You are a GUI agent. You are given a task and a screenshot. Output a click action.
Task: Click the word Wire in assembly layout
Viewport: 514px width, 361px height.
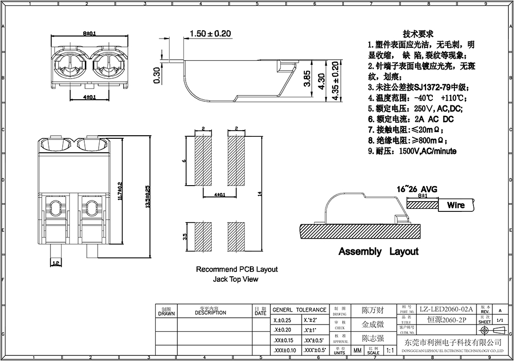tap(455, 205)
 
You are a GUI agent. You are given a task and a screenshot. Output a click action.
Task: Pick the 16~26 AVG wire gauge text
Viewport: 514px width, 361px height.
tap(416, 189)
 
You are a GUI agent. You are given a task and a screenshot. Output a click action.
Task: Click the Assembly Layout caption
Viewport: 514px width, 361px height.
tap(378, 251)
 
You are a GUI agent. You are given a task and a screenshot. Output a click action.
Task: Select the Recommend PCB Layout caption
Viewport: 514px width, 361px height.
tap(237, 269)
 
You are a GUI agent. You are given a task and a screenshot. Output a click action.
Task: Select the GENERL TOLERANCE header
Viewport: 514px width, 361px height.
tap(299, 310)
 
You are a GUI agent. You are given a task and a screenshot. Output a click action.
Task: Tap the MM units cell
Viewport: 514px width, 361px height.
tap(357, 351)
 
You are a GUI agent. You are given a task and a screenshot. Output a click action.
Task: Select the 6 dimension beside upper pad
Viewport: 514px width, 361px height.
tap(184, 160)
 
